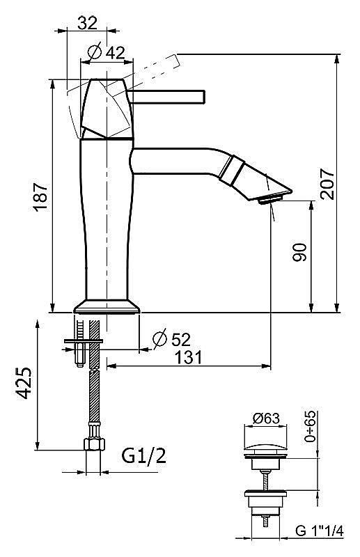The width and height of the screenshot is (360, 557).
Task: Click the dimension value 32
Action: point(88,23)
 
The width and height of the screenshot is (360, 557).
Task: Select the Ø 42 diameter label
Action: point(106,53)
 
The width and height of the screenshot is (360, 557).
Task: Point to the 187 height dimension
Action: point(40,197)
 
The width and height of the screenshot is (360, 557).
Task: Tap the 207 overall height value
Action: point(327,184)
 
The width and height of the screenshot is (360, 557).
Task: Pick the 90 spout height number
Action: point(299,252)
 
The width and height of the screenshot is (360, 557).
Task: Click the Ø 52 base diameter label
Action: point(171,339)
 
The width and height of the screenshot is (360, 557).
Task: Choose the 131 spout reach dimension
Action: point(188,357)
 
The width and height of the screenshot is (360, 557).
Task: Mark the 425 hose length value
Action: point(24,383)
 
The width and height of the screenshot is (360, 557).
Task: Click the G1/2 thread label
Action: point(143,456)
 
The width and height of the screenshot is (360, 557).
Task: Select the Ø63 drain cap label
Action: point(266,418)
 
